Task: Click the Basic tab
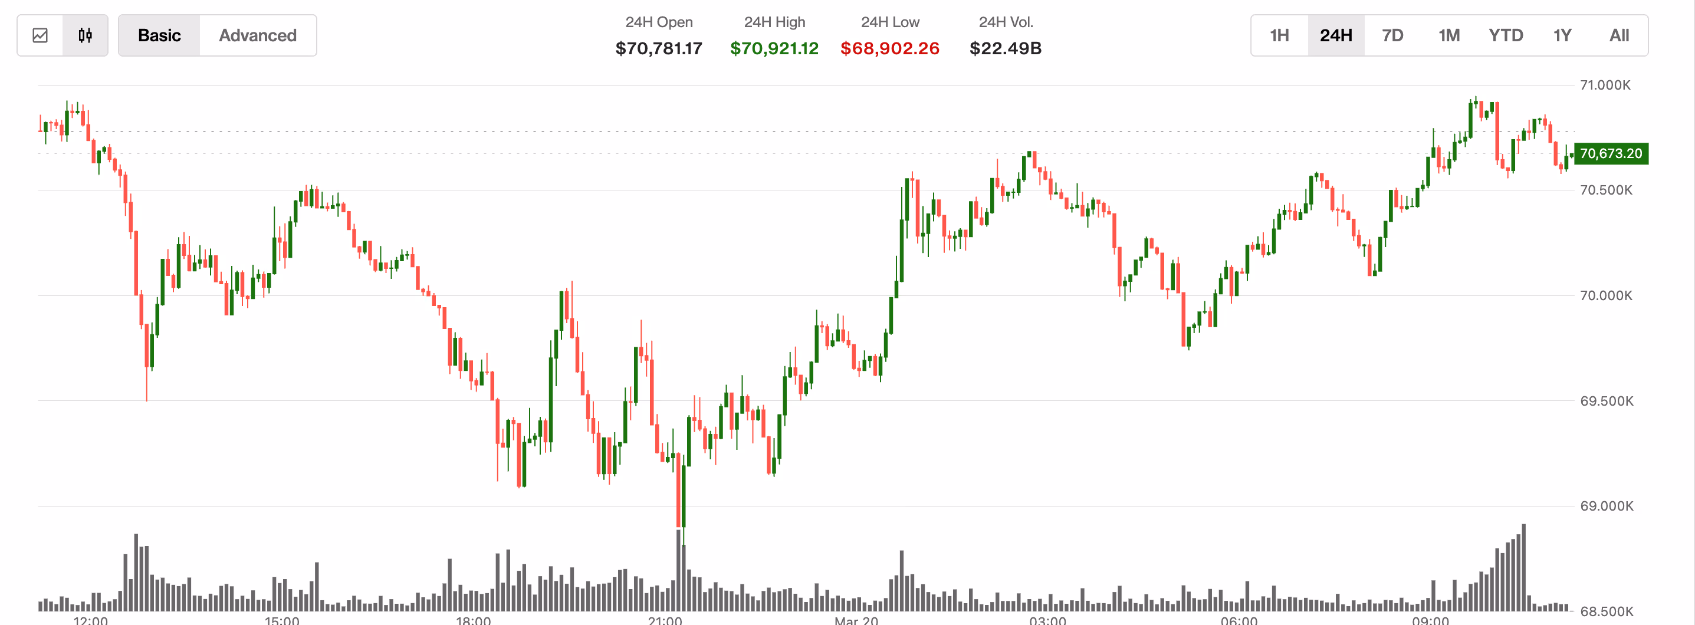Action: pos(159,35)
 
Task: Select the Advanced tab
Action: pos(257,35)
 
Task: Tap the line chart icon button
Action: pos(40,35)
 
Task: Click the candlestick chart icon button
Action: pos(85,35)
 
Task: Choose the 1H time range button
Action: pos(1279,35)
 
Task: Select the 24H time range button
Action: pos(1336,35)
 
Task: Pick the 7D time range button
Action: pos(1392,35)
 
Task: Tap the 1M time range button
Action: pos(1449,35)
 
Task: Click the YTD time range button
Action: pos(1506,35)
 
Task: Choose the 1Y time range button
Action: pos(1562,35)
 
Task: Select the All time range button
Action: pos(1619,35)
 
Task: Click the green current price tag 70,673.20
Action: pos(1611,153)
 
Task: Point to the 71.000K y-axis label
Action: pos(1605,85)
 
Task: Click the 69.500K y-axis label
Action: pos(1606,401)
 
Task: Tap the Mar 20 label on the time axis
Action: pos(856,620)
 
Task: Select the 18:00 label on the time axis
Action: pos(473,620)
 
